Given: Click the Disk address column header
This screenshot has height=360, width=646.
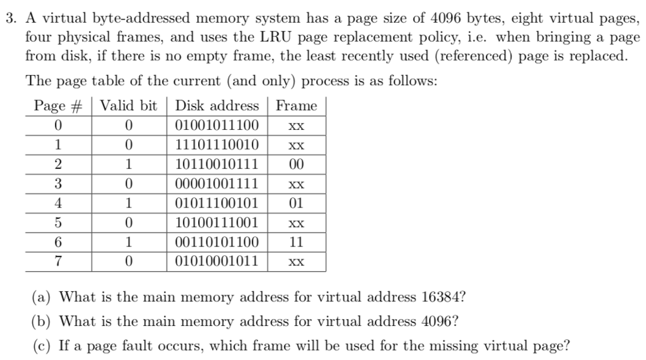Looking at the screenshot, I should (x=217, y=106).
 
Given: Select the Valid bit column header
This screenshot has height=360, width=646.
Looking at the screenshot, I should (x=129, y=106).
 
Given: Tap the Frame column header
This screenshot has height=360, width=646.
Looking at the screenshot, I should (x=297, y=106).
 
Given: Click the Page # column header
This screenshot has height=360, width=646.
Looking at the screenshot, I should (x=58, y=106).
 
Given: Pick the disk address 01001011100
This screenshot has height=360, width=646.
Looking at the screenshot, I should (x=217, y=125).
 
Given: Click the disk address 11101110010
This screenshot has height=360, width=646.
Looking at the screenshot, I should (x=217, y=145).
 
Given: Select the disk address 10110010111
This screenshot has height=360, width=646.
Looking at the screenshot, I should (x=217, y=165).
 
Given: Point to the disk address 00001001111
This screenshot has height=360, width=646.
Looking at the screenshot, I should (x=217, y=184).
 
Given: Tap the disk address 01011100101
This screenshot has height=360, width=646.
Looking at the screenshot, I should (x=217, y=203).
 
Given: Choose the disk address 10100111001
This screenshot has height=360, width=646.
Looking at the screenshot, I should (x=217, y=223).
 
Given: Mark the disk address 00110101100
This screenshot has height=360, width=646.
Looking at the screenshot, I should (x=217, y=242).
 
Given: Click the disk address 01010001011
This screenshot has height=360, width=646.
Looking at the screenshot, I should (x=217, y=261).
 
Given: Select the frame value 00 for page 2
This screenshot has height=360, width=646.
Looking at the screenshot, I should (x=297, y=165).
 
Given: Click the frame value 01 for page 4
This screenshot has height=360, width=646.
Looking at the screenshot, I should (x=297, y=203).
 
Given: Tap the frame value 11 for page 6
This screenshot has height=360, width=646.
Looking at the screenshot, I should (x=297, y=242).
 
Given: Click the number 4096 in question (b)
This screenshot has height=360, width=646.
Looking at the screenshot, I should (x=436, y=321).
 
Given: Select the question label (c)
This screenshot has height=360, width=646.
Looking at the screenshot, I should (x=42, y=345).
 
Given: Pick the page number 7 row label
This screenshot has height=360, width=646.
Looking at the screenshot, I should (x=58, y=261).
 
